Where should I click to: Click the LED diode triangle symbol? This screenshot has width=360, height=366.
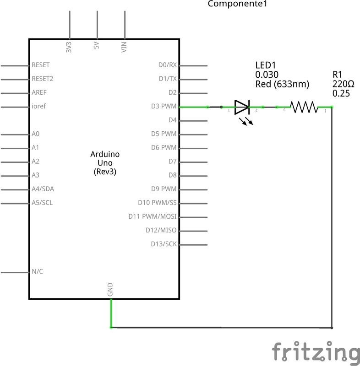point(242,107)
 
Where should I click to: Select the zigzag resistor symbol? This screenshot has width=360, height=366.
point(304,107)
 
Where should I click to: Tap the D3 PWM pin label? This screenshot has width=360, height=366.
point(164,106)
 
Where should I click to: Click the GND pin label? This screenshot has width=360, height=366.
point(110,290)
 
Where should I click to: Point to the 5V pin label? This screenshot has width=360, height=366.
point(96,45)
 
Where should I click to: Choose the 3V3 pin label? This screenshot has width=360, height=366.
point(69,47)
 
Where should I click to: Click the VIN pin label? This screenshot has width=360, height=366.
point(124,47)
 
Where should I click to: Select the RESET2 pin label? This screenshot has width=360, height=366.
point(43,79)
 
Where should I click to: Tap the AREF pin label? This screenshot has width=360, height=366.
point(39,92)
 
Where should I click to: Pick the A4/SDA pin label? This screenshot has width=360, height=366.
point(43,189)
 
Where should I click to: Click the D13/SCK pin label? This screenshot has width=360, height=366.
point(164,244)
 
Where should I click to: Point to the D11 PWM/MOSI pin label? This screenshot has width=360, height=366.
point(153,216)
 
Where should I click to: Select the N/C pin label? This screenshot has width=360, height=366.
point(38,271)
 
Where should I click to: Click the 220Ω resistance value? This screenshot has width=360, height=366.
point(343,84)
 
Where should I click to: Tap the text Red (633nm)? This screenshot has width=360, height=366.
point(282,84)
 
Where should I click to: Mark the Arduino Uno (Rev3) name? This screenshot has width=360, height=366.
point(105,163)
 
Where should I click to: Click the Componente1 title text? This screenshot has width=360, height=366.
point(237,4)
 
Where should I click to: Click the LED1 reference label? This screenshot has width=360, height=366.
point(266,65)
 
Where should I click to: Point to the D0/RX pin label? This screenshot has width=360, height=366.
point(168,65)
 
